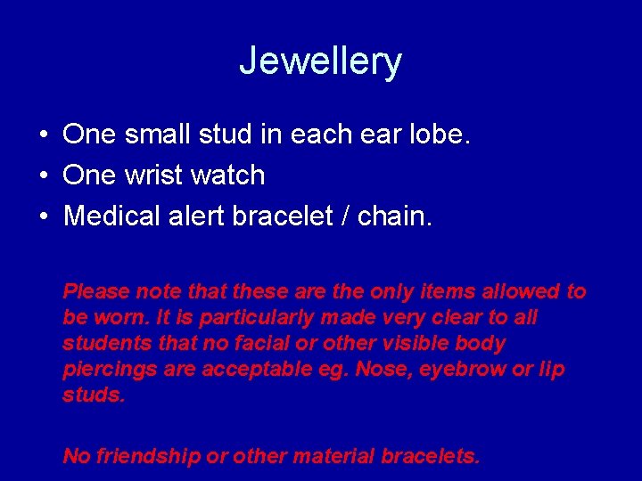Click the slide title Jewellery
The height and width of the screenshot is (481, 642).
pos(321,61)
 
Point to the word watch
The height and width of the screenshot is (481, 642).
pos(232,175)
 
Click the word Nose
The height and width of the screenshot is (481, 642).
pos(378,369)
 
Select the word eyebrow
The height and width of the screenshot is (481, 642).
pos(450,369)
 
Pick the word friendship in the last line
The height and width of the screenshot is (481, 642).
pos(148,457)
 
